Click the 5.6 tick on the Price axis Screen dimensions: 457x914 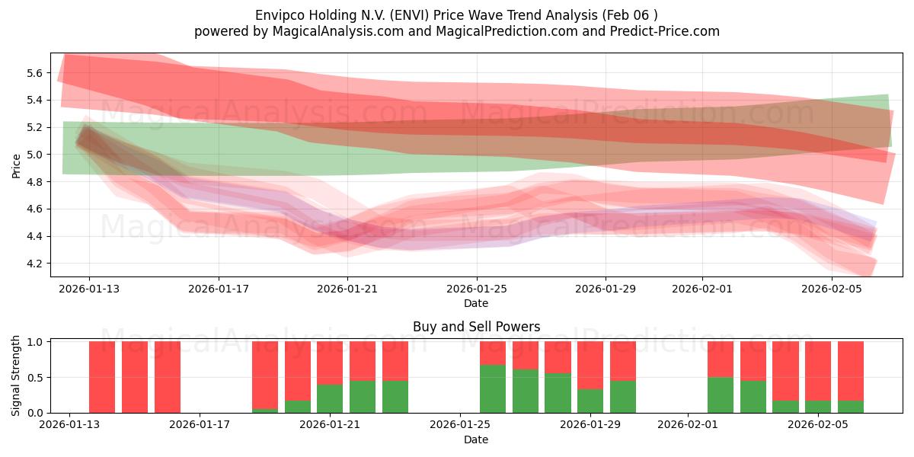click(x=35, y=73)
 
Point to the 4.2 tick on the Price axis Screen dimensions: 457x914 click(x=35, y=264)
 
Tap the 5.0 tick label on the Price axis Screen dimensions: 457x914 click(x=35, y=155)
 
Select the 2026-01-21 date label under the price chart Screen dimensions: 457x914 click(x=347, y=289)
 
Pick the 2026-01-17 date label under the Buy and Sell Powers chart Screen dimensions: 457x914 click(x=200, y=425)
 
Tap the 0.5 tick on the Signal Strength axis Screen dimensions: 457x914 click(x=35, y=378)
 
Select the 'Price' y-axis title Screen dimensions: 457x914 click(x=16, y=165)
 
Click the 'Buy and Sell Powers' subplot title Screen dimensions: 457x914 click(x=476, y=327)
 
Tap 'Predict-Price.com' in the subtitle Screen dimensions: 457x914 click(x=659, y=31)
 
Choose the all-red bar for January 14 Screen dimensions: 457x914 click(x=135, y=377)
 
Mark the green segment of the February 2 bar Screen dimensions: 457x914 click(x=721, y=395)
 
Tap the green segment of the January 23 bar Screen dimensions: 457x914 click(x=395, y=396)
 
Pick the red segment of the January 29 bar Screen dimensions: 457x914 click(x=590, y=365)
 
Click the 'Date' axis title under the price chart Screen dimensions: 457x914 click(x=476, y=303)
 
